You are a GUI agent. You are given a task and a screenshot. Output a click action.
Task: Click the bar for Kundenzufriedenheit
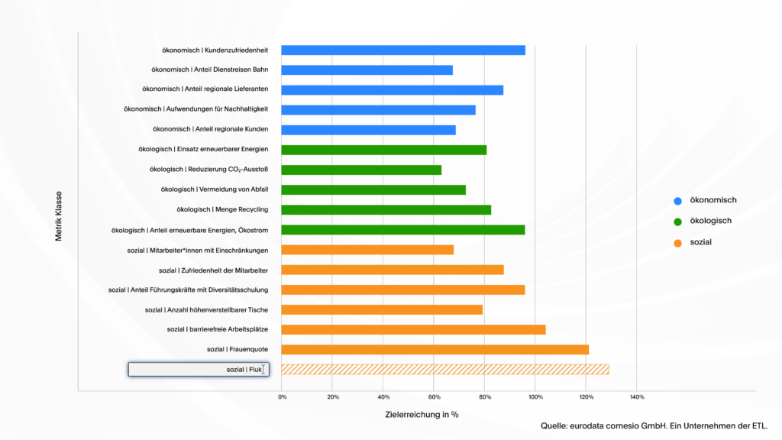point(403,50)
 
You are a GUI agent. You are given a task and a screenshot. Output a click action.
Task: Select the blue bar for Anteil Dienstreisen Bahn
point(367,70)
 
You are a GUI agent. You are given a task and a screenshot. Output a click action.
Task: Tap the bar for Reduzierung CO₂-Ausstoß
point(361,170)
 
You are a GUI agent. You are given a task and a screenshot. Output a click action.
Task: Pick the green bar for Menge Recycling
point(386,209)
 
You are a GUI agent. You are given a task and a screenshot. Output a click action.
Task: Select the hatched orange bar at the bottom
point(444,370)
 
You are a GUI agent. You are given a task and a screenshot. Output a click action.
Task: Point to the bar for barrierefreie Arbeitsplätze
point(413,329)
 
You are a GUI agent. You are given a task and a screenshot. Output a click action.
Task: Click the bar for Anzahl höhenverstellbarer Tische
point(382,309)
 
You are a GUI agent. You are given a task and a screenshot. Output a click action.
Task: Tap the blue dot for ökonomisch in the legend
point(677,201)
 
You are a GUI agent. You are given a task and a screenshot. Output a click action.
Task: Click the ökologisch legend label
point(710,222)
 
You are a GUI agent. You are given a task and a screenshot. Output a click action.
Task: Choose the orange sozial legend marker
point(677,243)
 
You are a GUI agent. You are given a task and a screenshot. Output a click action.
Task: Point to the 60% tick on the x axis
point(434,397)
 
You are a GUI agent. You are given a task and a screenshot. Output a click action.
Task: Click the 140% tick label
point(637,397)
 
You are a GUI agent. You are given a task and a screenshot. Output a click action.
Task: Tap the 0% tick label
point(282,397)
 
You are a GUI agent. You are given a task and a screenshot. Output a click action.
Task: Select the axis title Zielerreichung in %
point(422,415)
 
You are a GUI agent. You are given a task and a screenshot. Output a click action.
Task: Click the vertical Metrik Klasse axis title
point(59,216)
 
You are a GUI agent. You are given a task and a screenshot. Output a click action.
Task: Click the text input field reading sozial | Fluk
point(199,370)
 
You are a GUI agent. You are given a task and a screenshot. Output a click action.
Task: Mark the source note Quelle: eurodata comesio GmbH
point(654,425)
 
